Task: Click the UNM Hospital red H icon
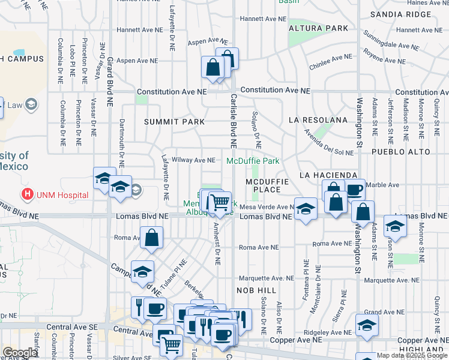[27, 195]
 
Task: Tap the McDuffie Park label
[253, 161]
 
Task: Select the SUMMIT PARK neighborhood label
[174, 122]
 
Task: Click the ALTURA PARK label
[318, 28]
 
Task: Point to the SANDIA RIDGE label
[401, 14]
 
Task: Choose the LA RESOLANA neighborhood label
[318, 120]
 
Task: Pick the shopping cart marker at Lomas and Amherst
[220, 202]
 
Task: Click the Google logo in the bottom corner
[20, 353]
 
